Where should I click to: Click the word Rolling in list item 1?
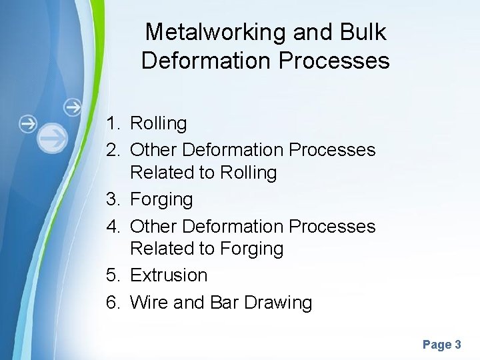coord(158,123)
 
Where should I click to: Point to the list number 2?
coord(111,150)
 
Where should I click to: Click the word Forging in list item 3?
coord(161,199)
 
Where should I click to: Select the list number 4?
coord(111,226)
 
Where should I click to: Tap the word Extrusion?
coord(169,275)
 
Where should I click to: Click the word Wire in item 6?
coord(148,303)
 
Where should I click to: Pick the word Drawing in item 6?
coord(278,303)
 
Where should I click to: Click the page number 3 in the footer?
coord(457,345)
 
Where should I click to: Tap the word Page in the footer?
coord(436,345)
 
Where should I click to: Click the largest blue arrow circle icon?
coord(53,139)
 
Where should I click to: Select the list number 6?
coord(111,303)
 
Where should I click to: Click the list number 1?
coord(111,123)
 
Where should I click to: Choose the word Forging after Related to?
coord(252,249)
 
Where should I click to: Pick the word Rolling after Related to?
coord(249,173)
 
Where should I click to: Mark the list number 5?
coord(111,275)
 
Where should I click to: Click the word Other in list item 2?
coord(153,150)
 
